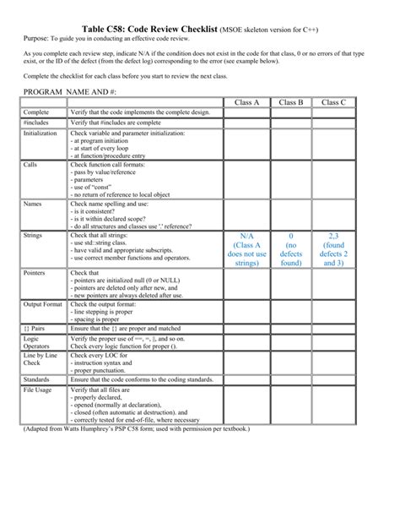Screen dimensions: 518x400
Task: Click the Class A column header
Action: click(x=246, y=102)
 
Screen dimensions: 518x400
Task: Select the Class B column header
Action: click(x=290, y=102)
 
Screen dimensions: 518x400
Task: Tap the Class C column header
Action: click(x=333, y=102)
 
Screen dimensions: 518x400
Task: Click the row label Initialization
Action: click(x=41, y=134)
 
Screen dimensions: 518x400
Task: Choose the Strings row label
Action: click(x=33, y=235)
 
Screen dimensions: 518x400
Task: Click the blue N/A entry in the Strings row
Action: click(x=246, y=249)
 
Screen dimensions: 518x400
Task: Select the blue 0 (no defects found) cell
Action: click(x=290, y=249)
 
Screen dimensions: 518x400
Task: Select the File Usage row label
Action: click(x=37, y=390)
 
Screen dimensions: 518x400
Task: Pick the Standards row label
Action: click(x=36, y=379)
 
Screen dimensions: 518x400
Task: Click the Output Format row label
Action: click(x=43, y=304)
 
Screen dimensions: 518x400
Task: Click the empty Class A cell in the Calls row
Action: click(x=246, y=179)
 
